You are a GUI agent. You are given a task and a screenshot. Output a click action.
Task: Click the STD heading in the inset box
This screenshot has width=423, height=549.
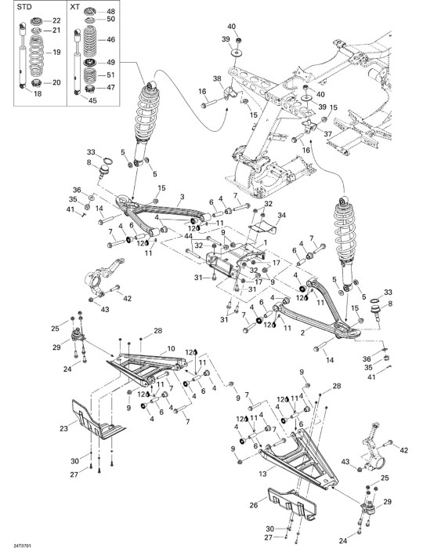pyautogui.click(x=24, y=7)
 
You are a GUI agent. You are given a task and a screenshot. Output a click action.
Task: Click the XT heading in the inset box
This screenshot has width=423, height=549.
pyautogui.click(x=74, y=7)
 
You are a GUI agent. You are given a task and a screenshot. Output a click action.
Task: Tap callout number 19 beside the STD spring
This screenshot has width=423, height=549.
pyautogui.click(x=56, y=53)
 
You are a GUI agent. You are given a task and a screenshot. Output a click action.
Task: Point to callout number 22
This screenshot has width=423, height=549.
pyautogui.click(x=56, y=20)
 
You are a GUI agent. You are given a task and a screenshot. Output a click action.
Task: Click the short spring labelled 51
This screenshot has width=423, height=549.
pyautogui.click(x=90, y=75)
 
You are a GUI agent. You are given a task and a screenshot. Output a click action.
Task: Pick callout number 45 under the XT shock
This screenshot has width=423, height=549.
pyautogui.click(x=92, y=100)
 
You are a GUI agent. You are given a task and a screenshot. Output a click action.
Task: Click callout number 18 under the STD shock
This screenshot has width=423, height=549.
pyautogui.click(x=38, y=93)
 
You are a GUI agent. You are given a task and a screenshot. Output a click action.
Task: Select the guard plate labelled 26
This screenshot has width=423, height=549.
pyautogui.click(x=291, y=504)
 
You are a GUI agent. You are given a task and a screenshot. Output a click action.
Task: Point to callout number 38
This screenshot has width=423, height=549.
pyautogui.click(x=218, y=79)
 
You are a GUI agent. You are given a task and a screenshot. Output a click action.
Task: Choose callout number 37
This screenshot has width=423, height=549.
pyautogui.click(x=328, y=134)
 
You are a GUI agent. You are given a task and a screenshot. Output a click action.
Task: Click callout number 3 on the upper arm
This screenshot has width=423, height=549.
pyautogui.click(x=183, y=197)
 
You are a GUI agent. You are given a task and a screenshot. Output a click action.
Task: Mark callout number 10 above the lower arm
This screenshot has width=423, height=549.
pyautogui.click(x=171, y=349)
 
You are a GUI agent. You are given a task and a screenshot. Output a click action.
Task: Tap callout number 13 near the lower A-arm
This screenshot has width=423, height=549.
pyautogui.click(x=263, y=474)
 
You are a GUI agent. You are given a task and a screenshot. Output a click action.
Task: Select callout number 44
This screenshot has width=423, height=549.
pyautogui.click(x=189, y=237)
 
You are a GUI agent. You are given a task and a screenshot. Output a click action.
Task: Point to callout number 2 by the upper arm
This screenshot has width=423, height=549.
pyautogui.click(x=302, y=333)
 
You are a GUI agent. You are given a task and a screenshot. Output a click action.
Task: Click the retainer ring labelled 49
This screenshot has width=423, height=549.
pyautogui.click(x=90, y=63)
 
